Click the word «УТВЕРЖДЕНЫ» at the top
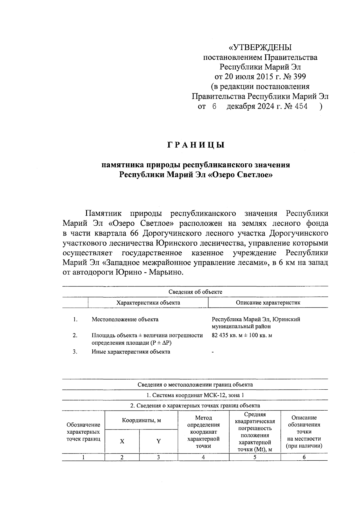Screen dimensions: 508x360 (x=260, y=48)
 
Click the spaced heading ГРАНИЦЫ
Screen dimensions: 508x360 (x=195, y=145)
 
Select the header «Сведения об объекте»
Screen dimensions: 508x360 (x=195, y=292)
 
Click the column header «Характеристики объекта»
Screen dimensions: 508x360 (x=148, y=302)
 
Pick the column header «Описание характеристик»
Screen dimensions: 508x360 (x=268, y=302)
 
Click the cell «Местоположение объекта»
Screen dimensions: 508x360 (x=125, y=319)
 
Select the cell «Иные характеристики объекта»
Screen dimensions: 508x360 (x=131, y=352)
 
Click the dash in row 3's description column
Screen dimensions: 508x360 (x=213, y=352)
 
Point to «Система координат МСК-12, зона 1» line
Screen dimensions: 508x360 (x=195, y=395)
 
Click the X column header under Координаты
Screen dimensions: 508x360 (x=122, y=441)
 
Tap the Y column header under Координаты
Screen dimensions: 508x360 (x=158, y=441)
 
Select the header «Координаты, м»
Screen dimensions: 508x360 (x=141, y=420)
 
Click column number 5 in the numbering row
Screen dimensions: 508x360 (x=255, y=457)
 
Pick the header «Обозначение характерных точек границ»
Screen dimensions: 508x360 (x=83, y=432)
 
